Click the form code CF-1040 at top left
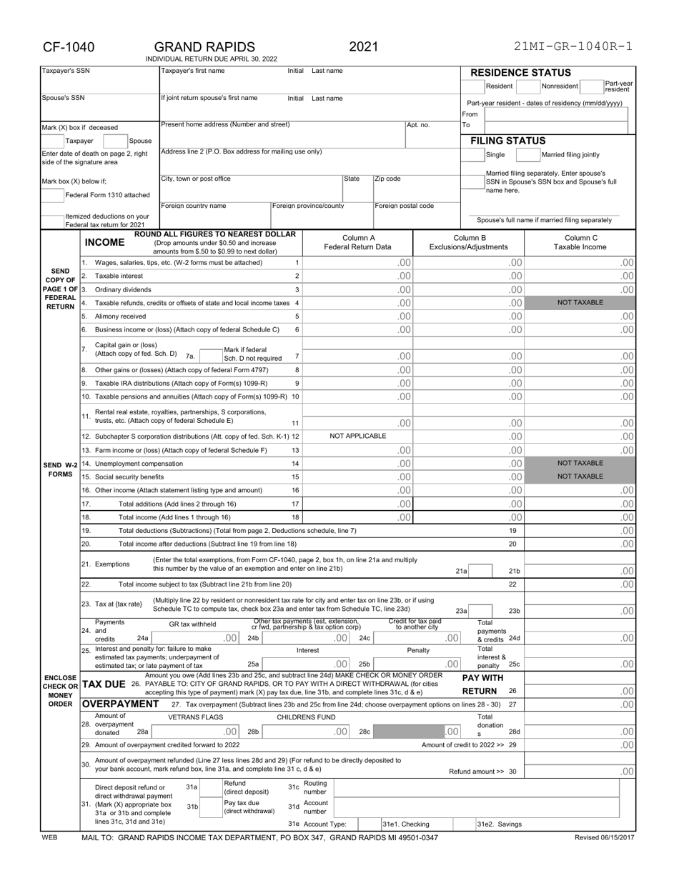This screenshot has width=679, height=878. coord(69,47)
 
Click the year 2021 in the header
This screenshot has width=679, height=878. coord(363,47)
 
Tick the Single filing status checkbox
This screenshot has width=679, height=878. coord(474,154)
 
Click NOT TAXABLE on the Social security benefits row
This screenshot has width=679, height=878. coord(580,477)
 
